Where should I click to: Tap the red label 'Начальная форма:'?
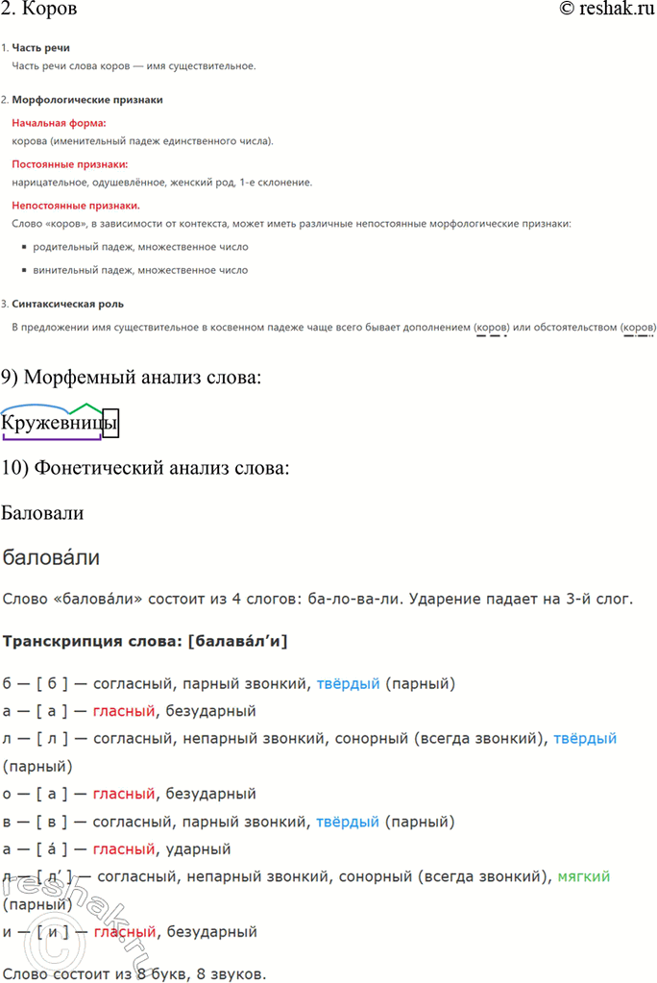coord(59,123)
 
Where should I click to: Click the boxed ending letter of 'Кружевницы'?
coord(109,422)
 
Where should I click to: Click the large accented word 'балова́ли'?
coord(52,558)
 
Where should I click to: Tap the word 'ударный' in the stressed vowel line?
coord(199,849)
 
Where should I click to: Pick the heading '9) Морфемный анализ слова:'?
coord(131,378)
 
